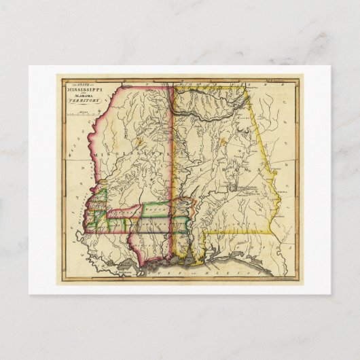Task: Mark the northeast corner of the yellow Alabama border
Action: coord(247,86)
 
